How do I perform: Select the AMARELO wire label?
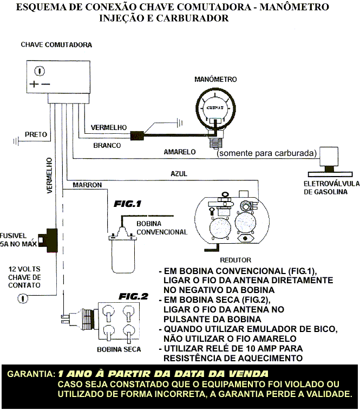179,152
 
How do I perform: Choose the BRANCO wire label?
107,145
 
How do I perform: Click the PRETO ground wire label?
36,134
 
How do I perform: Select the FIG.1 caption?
127,204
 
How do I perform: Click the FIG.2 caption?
133,296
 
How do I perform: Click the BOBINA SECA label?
119,349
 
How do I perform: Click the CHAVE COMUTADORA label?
56,44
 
